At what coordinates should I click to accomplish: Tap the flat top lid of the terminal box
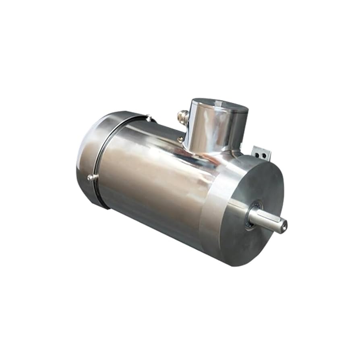[x=220, y=105]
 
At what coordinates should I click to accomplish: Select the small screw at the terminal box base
[x=181, y=140]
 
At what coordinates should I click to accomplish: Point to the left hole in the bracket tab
[x=258, y=154]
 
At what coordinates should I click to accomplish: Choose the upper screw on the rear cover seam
[x=149, y=118]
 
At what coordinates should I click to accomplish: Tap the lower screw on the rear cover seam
[x=90, y=177]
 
